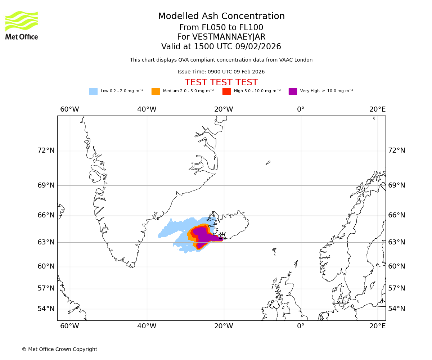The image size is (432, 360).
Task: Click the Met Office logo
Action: click(x=22, y=26)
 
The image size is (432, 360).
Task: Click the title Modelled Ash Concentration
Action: click(x=221, y=17)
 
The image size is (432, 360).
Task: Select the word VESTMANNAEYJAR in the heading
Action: click(x=229, y=37)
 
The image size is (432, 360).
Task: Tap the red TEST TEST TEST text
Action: click(x=221, y=82)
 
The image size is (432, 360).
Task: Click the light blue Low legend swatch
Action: click(x=93, y=91)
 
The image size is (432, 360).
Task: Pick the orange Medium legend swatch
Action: click(x=156, y=91)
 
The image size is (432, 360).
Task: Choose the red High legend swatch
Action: click(x=226, y=91)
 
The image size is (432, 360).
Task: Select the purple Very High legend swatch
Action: click(x=293, y=91)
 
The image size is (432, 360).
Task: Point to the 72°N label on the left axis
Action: click(x=46, y=150)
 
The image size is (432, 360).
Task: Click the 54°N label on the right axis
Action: click(x=396, y=309)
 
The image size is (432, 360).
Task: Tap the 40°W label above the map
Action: click(x=147, y=109)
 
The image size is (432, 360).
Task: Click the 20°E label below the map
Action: click(x=377, y=326)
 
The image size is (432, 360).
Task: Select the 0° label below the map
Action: click(x=301, y=326)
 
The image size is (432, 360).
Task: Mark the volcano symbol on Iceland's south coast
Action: click(x=222, y=236)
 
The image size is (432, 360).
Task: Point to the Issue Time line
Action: click(x=221, y=72)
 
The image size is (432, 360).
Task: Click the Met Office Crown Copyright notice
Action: click(x=59, y=350)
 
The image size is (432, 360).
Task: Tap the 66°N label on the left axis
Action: click(x=46, y=215)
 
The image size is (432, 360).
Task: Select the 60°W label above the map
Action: click(x=69, y=109)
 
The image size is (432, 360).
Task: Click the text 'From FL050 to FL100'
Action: click(x=221, y=28)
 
